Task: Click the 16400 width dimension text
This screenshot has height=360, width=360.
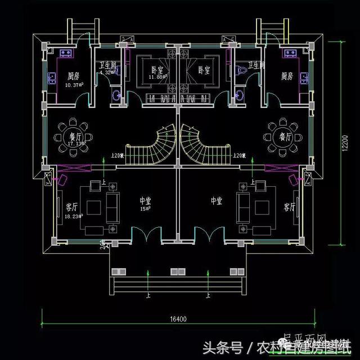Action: pos(178,318)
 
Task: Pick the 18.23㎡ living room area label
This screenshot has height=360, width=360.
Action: pos(74,215)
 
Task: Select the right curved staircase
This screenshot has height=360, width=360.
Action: pos(204,147)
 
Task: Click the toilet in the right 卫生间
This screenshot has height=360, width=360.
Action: pos(242,72)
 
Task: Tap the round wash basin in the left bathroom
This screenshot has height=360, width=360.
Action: pos(116,95)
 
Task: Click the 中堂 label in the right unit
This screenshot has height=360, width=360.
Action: pos(218,200)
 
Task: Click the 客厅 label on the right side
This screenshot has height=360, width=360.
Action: pos(289,207)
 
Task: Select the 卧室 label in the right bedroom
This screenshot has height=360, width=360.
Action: pos(204,70)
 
